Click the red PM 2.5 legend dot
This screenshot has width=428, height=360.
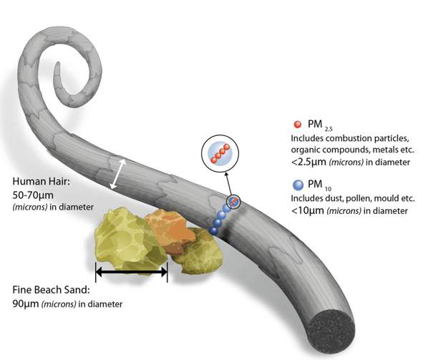click(298, 124)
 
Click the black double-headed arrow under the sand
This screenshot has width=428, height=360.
click(132, 272)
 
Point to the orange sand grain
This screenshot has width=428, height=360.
click(169, 228)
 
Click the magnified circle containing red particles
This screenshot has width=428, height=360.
click(219, 155)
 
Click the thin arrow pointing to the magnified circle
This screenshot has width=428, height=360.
click(228, 183)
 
